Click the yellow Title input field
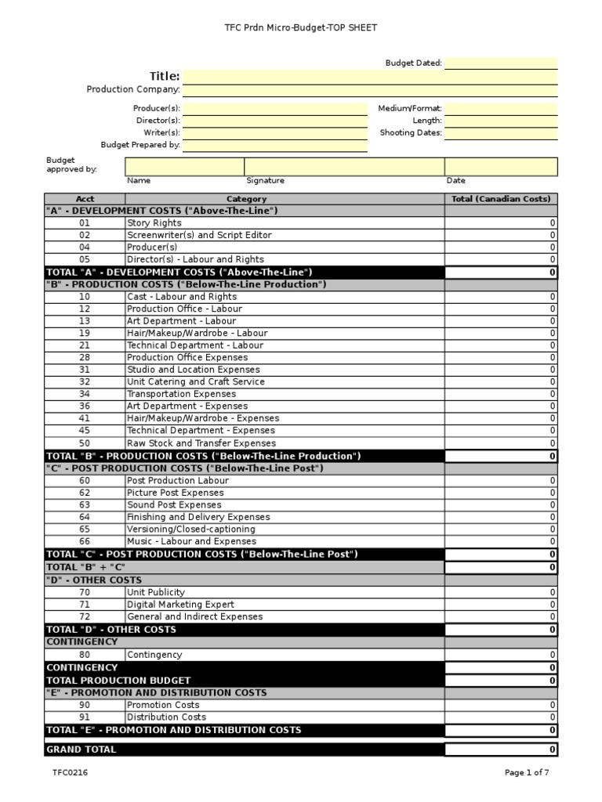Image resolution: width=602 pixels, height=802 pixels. [x=369, y=77]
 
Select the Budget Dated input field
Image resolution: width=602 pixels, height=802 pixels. [x=501, y=63]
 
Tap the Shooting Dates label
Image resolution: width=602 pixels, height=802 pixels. [x=411, y=133]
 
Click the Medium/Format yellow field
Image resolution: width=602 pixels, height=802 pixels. [x=501, y=109]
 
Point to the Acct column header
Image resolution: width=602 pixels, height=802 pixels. [x=85, y=199]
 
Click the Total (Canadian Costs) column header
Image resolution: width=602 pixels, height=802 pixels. [x=501, y=199]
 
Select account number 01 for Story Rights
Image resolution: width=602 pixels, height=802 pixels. [x=85, y=223]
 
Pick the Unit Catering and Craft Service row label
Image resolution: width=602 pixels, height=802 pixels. [x=196, y=382]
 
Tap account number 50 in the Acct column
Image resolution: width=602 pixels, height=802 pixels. [x=85, y=443]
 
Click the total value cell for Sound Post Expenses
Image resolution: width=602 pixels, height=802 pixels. [x=501, y=505]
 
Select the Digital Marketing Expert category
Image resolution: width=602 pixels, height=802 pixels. [x=180, y=605]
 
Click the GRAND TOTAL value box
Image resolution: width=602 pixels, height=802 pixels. [x=501, y=750]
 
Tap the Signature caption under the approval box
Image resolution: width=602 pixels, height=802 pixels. [x=265, y=181]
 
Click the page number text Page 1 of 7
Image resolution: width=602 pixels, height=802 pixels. [x=527, y=773]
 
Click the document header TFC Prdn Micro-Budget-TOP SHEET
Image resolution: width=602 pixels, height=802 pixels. [x=302, y=28]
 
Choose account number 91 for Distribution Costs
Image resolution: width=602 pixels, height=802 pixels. [x=85, y=717]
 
